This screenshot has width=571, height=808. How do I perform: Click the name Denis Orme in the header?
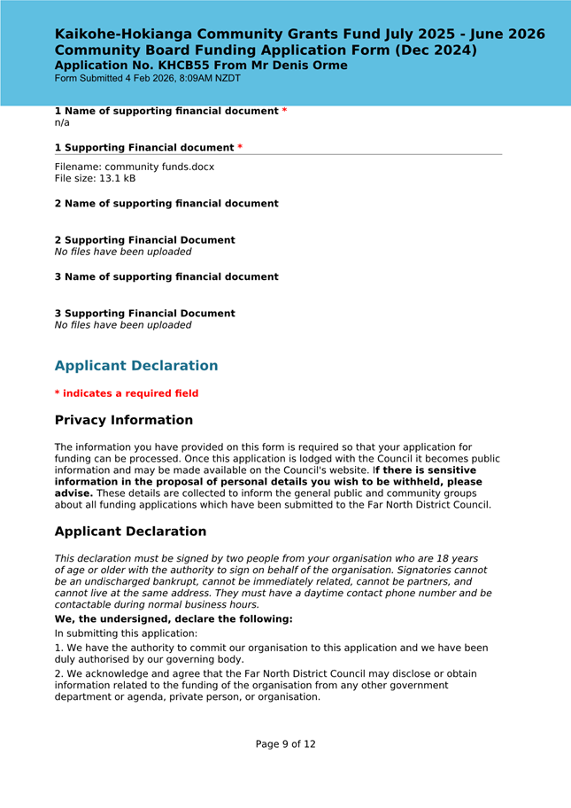tap(310, 66)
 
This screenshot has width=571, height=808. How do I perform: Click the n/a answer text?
tap(62, 123)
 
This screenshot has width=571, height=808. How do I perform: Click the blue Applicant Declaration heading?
tap(136, 366)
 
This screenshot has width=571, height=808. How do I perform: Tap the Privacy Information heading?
tap(123, 420)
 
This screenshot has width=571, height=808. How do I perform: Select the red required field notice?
tap(127, 393)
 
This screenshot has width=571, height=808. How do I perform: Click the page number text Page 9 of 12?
tap(285, 744)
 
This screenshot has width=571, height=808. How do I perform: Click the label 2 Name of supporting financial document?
tap(166, 204)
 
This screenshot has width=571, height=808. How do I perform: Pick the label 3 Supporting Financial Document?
tap(144, 314)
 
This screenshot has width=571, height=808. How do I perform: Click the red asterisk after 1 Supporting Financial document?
tap(240, 147)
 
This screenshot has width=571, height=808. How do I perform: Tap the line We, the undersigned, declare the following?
tap(174, 619)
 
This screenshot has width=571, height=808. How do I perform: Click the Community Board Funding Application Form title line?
tap(266, 50)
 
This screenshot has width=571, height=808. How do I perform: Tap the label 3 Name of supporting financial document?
tap(166, 277)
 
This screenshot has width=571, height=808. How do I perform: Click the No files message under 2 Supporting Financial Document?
tap(123, 252)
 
